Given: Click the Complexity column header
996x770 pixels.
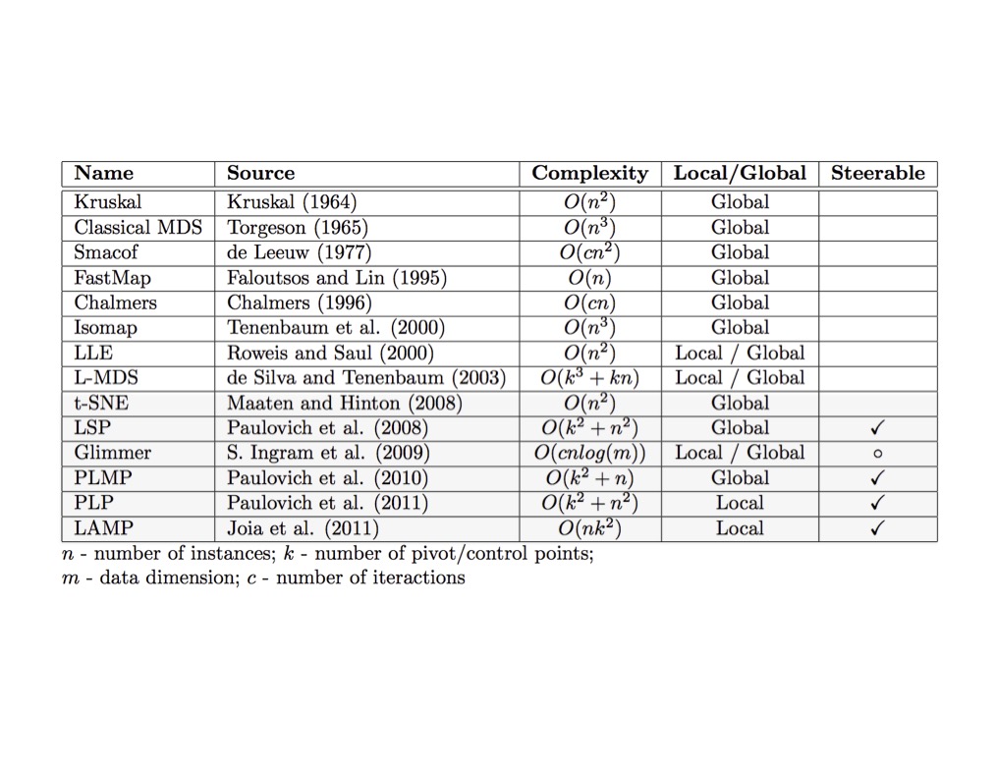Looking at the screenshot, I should point(589,174).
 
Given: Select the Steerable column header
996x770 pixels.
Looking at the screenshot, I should point(877,174).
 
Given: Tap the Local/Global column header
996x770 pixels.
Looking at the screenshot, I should point(739,174).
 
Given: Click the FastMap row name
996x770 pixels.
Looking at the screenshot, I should point(112,278).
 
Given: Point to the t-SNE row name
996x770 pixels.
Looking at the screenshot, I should point(101,403).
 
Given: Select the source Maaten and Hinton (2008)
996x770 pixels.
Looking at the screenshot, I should point(344,403).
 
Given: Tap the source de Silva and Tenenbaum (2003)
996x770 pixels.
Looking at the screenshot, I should point(365,378).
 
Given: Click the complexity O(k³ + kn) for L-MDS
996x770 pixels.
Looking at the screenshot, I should point(589,378).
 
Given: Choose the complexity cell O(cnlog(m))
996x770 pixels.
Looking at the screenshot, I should point(589,453).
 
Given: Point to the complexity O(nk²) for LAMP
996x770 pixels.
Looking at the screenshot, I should point(589,528).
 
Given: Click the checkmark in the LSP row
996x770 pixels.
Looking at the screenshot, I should point(878,428).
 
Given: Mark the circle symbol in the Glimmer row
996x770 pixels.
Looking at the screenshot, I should point(878,454).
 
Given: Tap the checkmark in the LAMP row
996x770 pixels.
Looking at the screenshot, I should point(878,528).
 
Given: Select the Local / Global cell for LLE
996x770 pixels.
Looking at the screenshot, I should point(739,353).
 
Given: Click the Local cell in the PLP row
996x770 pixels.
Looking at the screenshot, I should point(739,503).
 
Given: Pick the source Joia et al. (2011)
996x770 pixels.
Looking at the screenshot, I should point(303,528).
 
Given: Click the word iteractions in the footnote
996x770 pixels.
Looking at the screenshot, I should point(418,577).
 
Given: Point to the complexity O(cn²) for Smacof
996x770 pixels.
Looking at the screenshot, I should point(589,252).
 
